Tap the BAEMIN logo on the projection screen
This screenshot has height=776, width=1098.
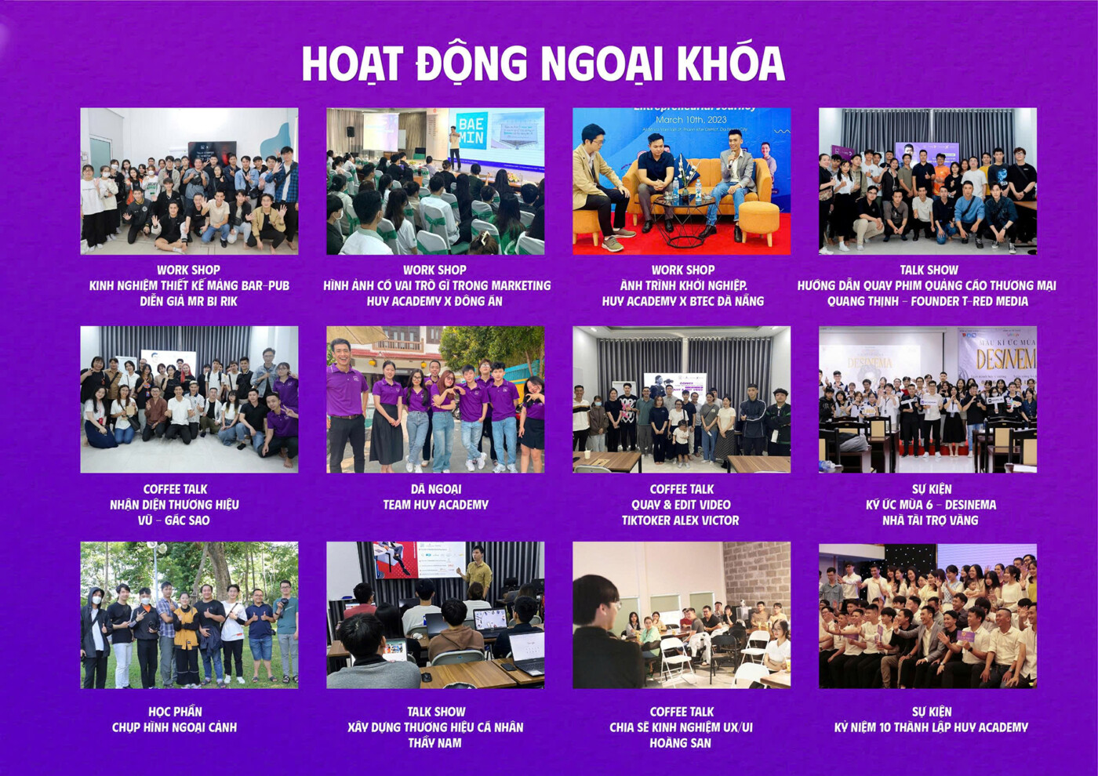click(471, 129)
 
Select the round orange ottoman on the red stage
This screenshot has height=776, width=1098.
click(758, 221)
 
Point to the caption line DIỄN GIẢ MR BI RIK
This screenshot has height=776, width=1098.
click(189, 301)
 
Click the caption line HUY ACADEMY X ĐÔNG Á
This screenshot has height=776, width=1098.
click(434, 301)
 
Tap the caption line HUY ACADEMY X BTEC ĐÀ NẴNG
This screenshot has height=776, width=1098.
click(683, 301)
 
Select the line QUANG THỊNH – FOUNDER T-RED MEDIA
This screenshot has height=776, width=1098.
click(928, 301)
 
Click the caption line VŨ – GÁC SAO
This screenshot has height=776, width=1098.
click(174, 520)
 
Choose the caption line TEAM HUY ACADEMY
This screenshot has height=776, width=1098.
click(436, 505)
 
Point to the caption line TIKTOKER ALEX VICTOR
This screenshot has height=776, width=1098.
click(681, 520)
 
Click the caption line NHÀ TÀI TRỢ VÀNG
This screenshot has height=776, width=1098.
click(930, 520)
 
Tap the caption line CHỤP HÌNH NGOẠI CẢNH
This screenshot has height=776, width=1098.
click(174, 727)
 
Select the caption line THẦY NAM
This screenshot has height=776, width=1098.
click(434, 743)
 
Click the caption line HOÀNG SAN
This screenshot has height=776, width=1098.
click(681, 743)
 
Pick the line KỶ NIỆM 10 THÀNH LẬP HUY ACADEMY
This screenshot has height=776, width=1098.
click(931, 727)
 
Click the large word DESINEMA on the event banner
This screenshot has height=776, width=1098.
click(1006, 360)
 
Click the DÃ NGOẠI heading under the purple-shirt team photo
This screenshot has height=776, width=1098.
click(436, 489)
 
